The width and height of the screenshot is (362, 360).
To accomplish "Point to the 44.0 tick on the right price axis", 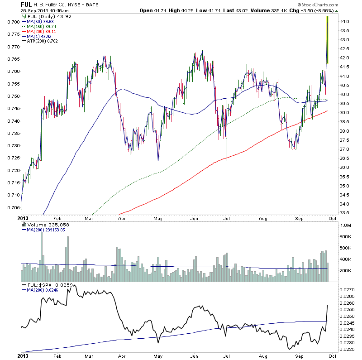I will coord(345,21).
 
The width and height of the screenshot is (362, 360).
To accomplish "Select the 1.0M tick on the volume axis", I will coord(346,225).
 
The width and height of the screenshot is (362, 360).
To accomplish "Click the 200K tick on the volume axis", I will coord(346,270).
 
